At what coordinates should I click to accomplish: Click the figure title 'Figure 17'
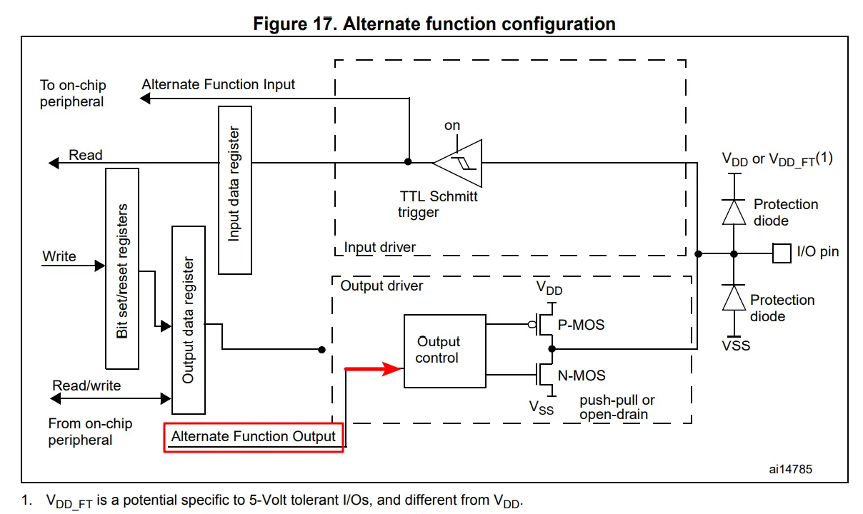point(434,24)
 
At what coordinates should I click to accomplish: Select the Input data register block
point(234,190)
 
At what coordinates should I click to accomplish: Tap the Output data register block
point(189,320)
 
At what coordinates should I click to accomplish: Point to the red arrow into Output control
point(374,369)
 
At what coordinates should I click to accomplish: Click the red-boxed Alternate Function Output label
point(254,436)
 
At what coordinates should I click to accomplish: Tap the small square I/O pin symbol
point(782,253)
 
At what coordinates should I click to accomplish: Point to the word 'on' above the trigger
point(452,126)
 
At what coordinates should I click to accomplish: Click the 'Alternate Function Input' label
point(218,84)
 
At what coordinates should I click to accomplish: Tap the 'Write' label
point(59,256)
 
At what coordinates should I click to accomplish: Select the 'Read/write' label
point(86,385)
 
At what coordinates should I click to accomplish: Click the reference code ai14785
point(790,469)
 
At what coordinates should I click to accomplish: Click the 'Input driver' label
point(379,248)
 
